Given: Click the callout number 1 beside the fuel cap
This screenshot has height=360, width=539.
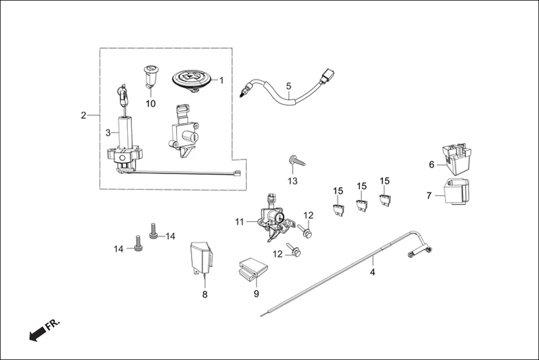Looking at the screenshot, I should (221, 80).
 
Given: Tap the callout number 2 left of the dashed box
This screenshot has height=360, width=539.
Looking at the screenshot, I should (83, 116).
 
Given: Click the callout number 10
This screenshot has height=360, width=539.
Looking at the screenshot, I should (151, 104).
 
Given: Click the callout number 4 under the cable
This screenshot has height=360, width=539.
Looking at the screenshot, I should (373, 272).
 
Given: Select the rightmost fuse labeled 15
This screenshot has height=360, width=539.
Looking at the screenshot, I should (384, 199).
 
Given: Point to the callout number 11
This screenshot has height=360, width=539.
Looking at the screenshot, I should (240, 222).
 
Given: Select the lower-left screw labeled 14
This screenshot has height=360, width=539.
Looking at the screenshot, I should (137, 243).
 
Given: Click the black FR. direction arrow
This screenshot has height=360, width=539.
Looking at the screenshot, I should (38, 334).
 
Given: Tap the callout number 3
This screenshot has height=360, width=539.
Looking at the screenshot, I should (108, 132).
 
